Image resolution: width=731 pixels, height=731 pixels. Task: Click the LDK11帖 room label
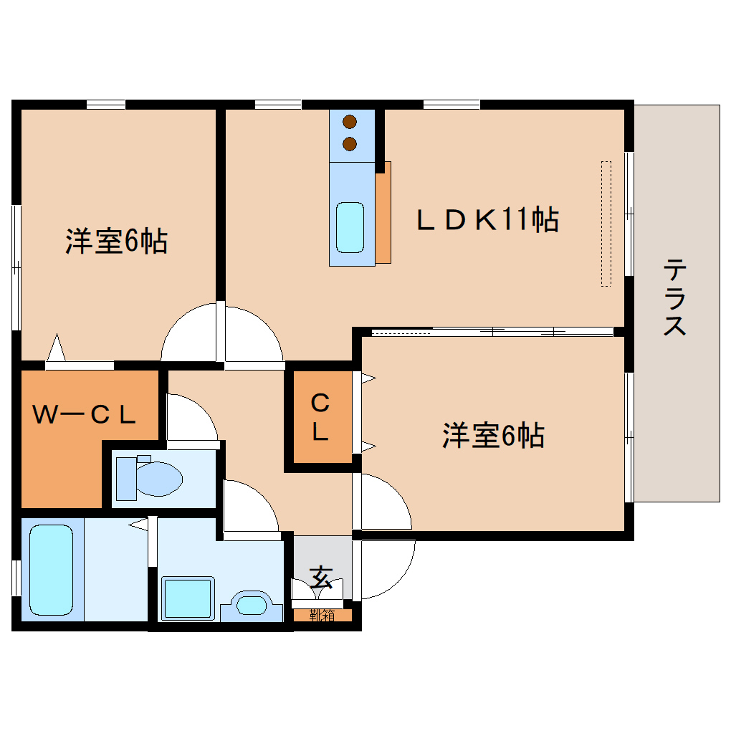click(x=488, y=219)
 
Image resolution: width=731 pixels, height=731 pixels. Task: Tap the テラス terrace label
click(x=674, y=297)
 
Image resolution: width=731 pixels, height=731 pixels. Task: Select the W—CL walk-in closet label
click(x=85, y=414)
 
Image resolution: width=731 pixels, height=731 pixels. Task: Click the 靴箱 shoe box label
click(x=322, y=615)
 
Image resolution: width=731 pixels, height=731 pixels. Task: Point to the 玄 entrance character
click(x=322, y=576)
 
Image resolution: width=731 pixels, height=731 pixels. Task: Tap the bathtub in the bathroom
click(x=51, y=569)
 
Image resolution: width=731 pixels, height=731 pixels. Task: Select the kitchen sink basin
click(x=350, y=226)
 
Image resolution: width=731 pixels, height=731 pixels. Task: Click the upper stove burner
click(x=350, y=123)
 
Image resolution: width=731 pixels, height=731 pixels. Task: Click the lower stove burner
click(x=350, y=144)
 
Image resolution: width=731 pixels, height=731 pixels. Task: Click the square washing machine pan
click(x=188, y=598)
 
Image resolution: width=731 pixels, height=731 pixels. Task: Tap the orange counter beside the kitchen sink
click(x=383, y=212)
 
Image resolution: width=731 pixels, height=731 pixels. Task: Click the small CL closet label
click(x=320, y=418)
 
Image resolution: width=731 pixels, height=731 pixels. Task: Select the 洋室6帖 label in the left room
click(x=117, y=242)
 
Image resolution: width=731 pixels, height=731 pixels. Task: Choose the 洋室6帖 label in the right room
click(x=492, y=436)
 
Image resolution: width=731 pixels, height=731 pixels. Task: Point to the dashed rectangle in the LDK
click(x=606, y=224)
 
